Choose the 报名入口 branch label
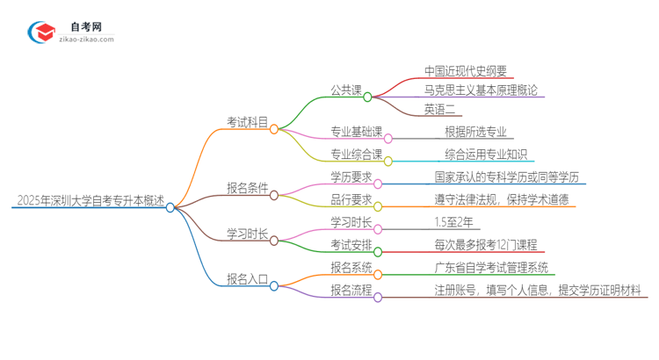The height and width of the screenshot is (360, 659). (248, 278)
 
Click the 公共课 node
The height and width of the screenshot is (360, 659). (344, 89)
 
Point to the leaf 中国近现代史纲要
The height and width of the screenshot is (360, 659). (466, 71)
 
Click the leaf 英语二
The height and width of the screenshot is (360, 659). (439, 109)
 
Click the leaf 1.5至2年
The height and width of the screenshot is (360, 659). (455, 222)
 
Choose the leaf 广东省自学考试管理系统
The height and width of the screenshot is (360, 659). (491, 267)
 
